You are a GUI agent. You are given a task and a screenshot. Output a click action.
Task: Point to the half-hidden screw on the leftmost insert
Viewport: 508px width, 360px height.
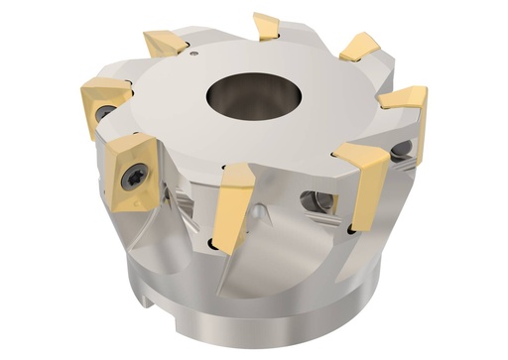(x=102, y=113)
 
